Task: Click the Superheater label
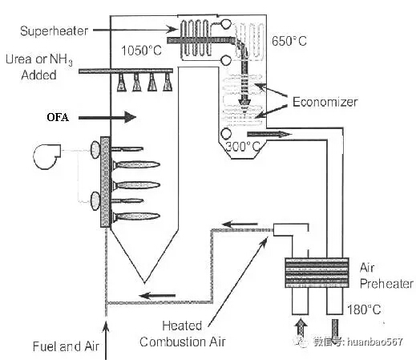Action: [54, 30]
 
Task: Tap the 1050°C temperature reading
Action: [141, 51]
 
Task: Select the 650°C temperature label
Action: [289, 41]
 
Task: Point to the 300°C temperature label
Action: [243, 146]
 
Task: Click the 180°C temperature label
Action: [364, 309]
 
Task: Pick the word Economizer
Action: [325, 102]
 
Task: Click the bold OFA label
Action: [58, 117]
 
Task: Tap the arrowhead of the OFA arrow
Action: [131, 117]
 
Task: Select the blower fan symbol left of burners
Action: [47, 156]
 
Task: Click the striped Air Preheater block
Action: [317, 273]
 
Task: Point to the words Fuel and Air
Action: [66, 346]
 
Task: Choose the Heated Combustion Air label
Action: [183, 334]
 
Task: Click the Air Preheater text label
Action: [386, 276]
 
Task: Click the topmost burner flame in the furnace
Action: [127, 149]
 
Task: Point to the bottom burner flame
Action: [136, 216]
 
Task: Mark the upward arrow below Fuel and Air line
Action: [106, 341]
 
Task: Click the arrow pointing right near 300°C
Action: [269, 134]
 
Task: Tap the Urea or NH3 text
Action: [39, 59]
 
